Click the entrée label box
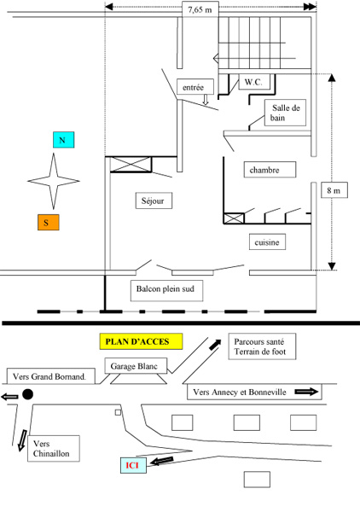[193, 86]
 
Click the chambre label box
[265, 170]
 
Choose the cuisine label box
[267, 243]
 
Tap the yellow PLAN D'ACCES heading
[141, 341]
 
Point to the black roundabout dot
[28, 395]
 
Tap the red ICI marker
[131, 465]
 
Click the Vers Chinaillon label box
[52, 449]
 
